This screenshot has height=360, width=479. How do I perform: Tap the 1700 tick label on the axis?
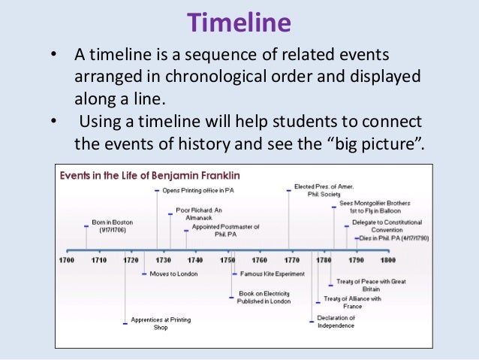(x=67, y=260)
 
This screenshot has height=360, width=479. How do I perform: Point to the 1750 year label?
(x=227, y=260)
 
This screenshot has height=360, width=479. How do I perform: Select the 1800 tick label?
(x=387, y=260)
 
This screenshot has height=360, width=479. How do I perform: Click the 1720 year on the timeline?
(x=131, y=260)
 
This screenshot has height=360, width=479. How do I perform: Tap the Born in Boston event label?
(x=112, y=226)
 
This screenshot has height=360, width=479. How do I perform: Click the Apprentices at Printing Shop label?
(x=161, y=324)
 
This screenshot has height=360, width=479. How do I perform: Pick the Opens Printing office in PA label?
(x=198, y=191)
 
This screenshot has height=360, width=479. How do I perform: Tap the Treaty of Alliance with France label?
(x=351, y=302)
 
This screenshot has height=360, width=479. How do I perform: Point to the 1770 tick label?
(x=291, y=260)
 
